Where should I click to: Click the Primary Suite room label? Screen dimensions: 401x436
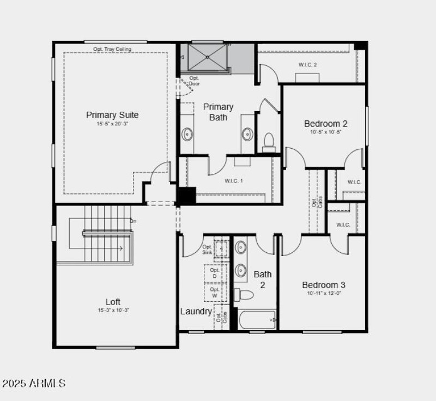click(112, 115)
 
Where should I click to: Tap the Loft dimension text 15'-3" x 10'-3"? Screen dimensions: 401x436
click(113, 310)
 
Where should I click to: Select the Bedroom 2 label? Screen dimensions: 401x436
click(325, 124)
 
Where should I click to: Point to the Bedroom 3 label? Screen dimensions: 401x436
click(324, 285)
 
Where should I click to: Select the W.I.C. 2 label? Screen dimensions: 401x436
click(307, 65)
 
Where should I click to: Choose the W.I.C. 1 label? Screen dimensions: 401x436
click(234, 180)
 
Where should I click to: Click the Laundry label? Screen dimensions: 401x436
click(196, 312)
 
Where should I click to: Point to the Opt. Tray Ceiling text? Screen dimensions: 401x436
click(112, 49)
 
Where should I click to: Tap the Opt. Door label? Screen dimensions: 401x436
click(195, 81)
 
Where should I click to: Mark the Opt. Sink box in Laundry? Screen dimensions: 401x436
click(220, 248)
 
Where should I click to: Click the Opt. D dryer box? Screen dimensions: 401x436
click(215, 273)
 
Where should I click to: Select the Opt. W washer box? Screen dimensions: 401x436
click(215, 293)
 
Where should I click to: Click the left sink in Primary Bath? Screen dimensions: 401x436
click(187, 133)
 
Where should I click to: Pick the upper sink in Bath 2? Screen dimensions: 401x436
click(241, 248)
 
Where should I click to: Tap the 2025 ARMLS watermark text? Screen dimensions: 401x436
click(33, 384)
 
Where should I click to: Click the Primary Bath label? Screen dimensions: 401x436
click(219, 112)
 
